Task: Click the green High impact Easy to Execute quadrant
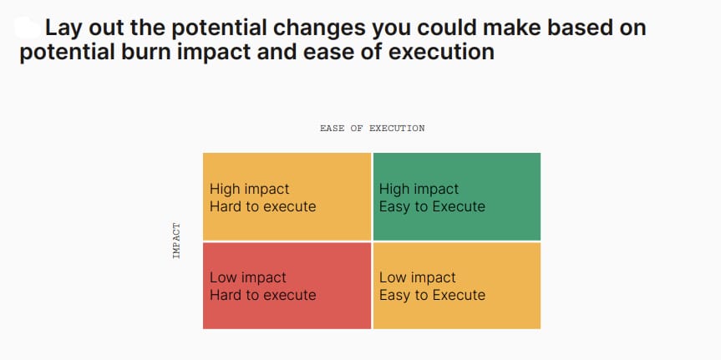pos(457,196)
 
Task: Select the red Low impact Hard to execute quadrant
pos(287,286)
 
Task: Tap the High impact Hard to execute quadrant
pos(287,196)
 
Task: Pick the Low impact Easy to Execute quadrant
pos(457,286)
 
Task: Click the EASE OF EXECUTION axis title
pos(373,129)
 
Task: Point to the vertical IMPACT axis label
pos(176,241)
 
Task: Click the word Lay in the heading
pos(63,28)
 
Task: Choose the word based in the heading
pos(570,28)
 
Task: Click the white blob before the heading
pos(28,27)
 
